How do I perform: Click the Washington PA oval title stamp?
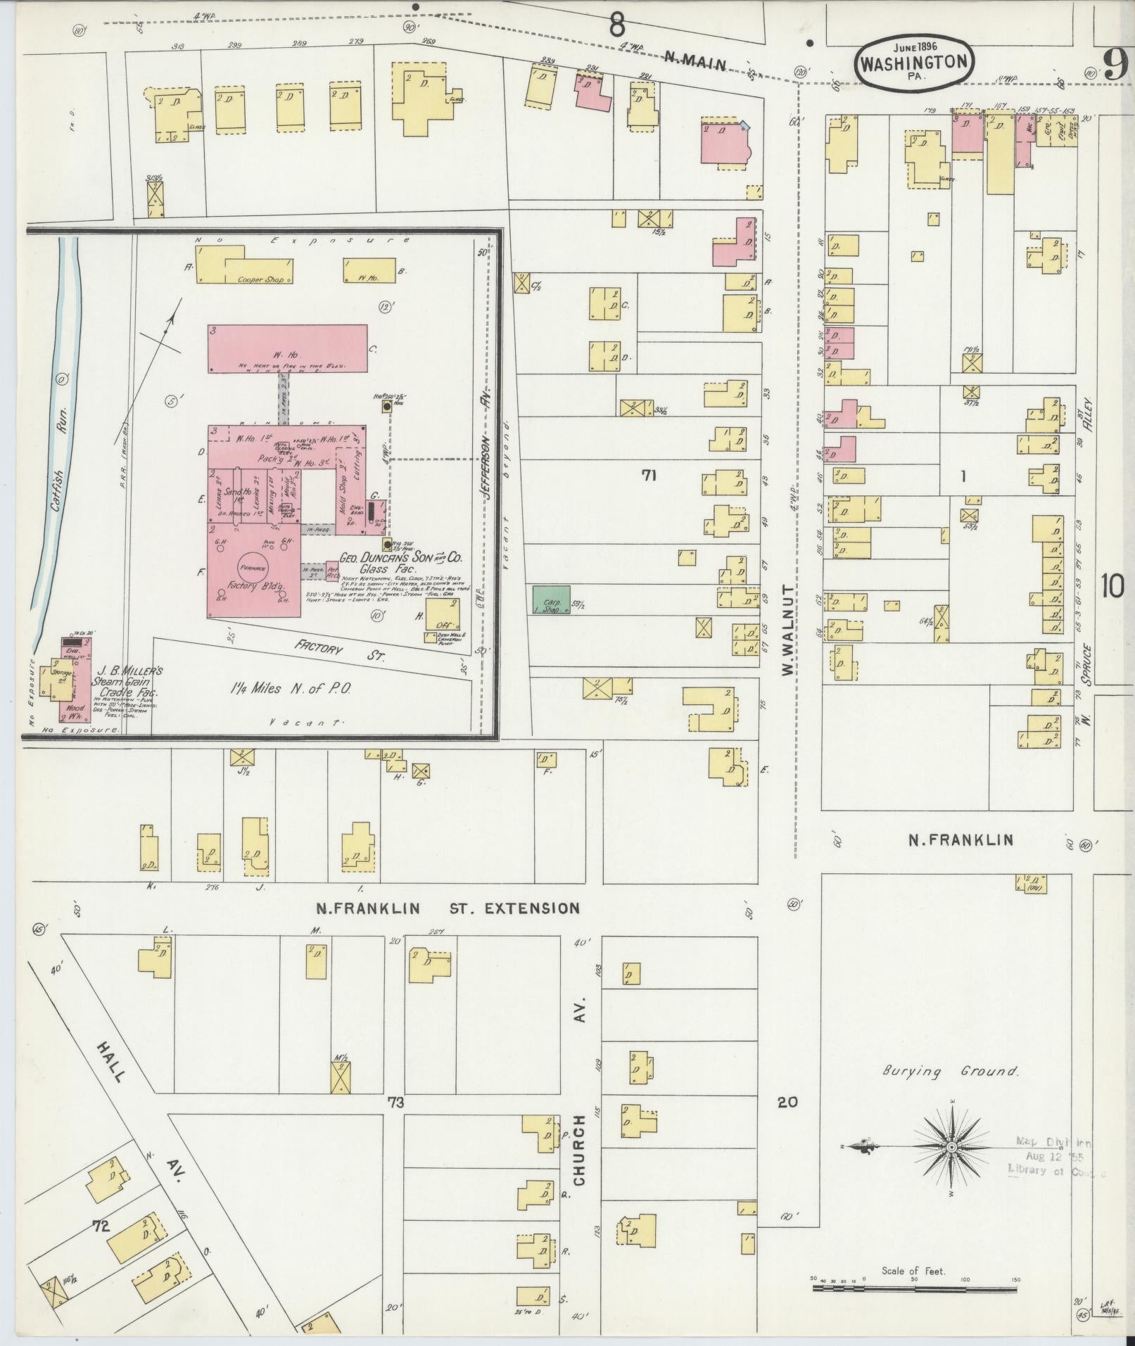click(915, 62)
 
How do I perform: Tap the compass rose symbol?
click(951, 1147)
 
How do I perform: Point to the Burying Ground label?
click(951, 1091)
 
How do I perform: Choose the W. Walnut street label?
click(787, 630)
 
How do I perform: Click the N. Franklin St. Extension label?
click(448, 908)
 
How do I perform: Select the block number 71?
click(649, 476)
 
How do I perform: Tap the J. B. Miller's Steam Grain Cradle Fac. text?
click(129, 681)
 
